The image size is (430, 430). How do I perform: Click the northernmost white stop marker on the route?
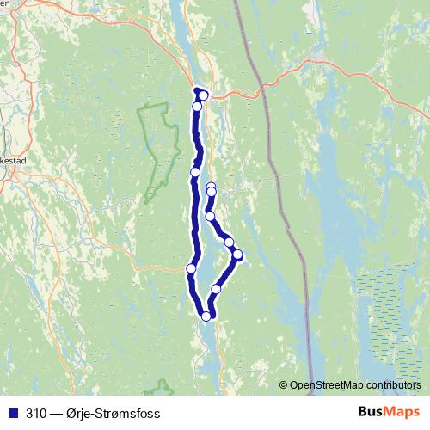pos(203,95)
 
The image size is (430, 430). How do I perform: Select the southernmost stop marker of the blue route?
pos(206,316)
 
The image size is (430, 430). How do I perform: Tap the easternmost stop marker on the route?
pos(237,255)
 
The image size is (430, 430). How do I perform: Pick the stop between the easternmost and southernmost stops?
pos(216,289)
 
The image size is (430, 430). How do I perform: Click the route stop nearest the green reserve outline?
pos(195,172)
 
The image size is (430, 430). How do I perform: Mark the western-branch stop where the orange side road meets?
pos(191,268)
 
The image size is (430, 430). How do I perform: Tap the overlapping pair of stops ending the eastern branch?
pos(211,188)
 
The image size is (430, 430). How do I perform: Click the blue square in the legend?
pos(13,413)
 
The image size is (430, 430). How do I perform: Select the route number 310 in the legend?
pos(37,413)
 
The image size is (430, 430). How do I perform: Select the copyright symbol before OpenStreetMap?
pos(284,385)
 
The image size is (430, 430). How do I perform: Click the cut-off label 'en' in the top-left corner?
pos(4,3)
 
